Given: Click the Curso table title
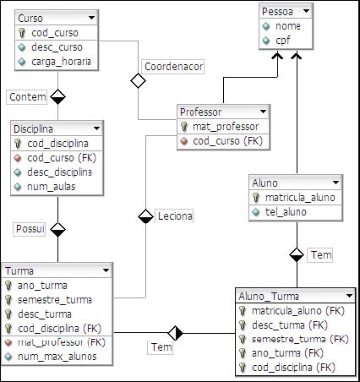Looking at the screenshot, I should coord(31,17).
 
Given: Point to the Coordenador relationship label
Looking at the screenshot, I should coord(172,65).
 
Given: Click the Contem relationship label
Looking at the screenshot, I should coord(27,97).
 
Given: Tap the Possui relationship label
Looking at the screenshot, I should coord(29,229).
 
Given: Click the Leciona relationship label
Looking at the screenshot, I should coord(175,216).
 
